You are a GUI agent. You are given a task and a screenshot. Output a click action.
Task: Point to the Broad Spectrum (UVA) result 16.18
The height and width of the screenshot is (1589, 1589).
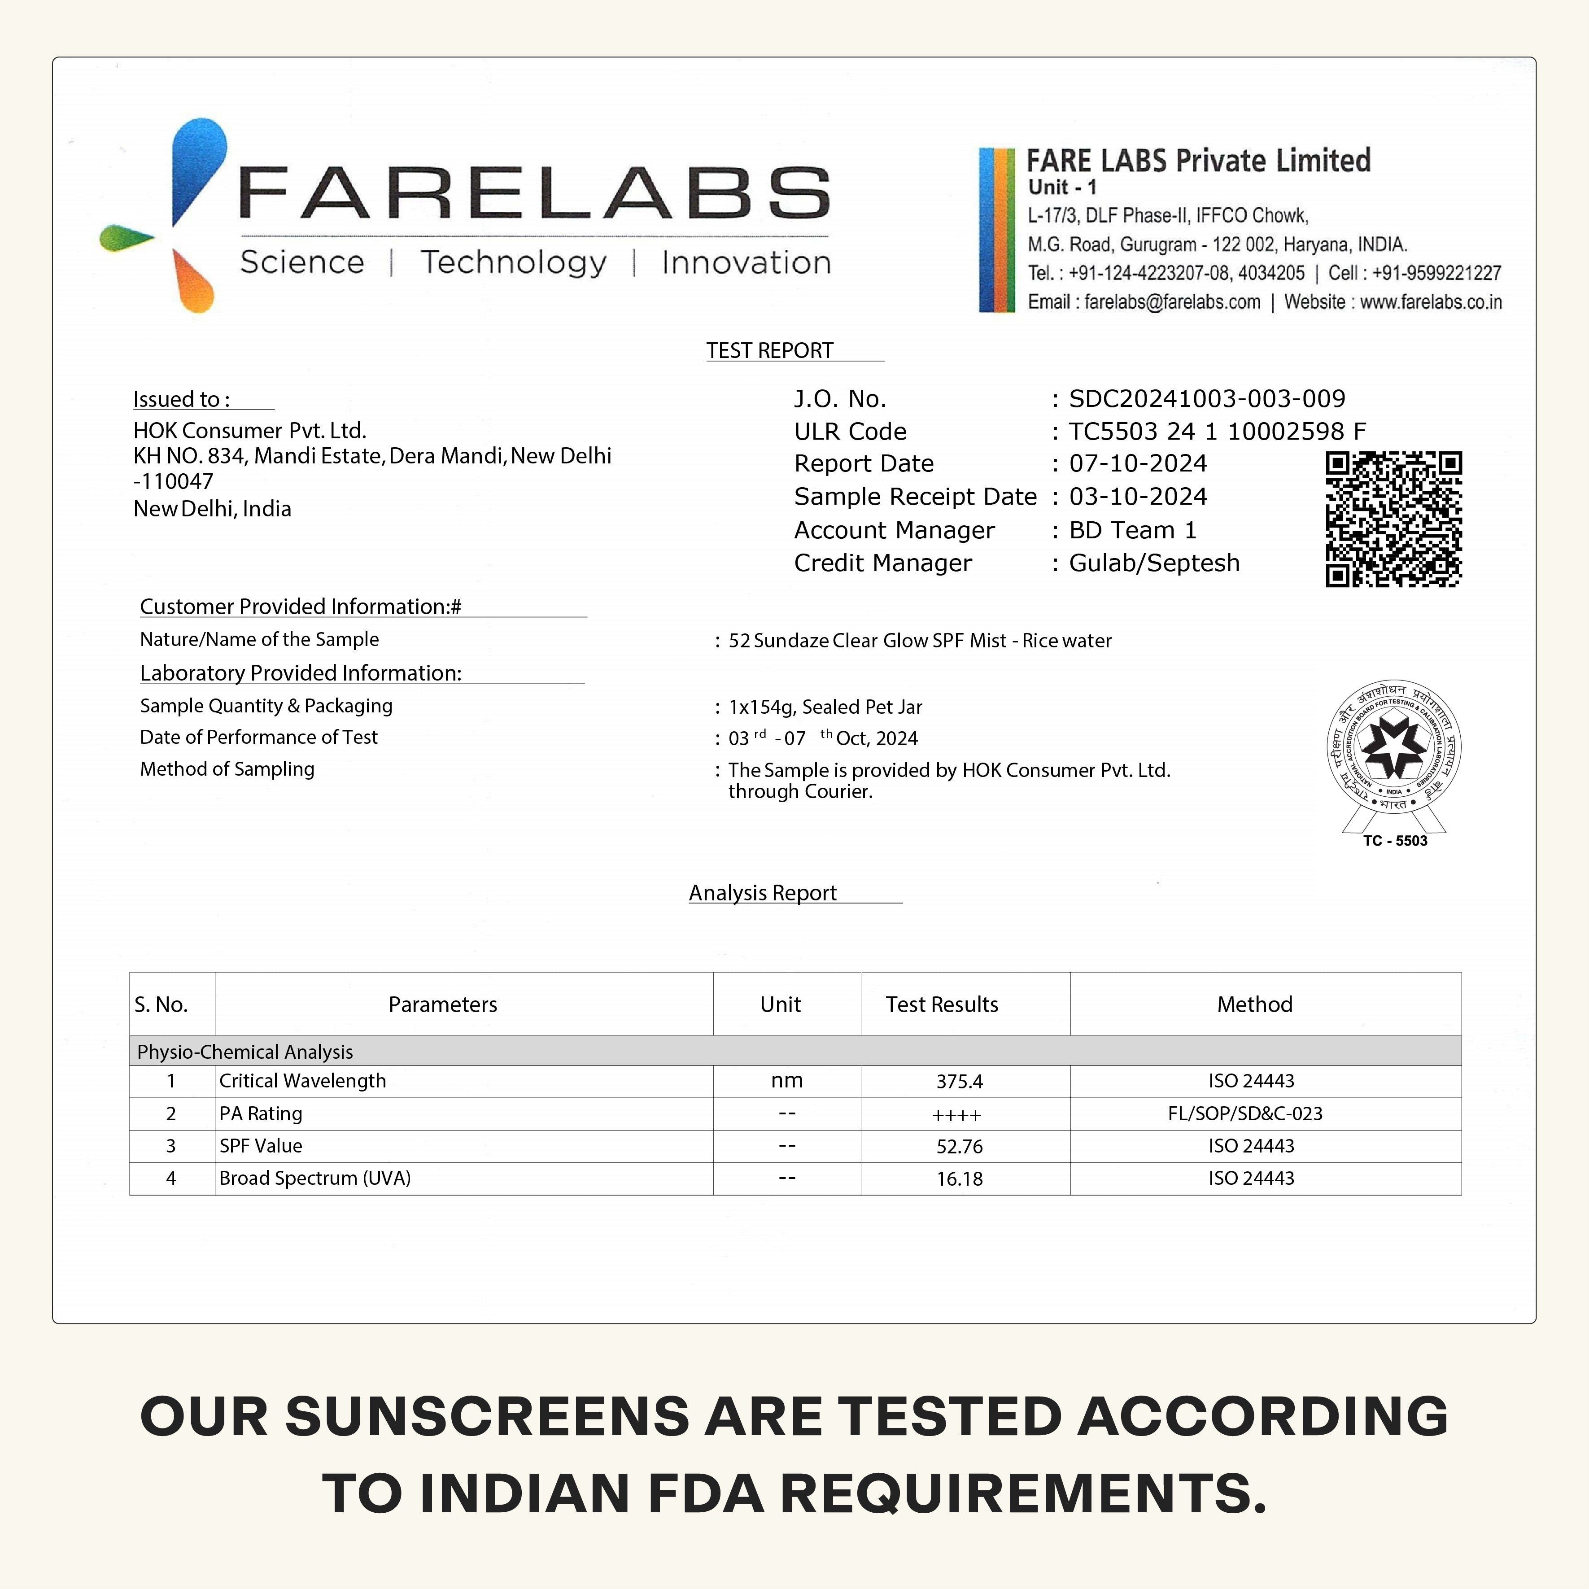tap(959, 1179)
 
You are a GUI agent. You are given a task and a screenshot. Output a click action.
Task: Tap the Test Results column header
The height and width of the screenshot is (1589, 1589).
tap(942, 1004)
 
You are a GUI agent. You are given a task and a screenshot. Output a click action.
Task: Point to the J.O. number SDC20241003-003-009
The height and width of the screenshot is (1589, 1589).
tap(1207, 399)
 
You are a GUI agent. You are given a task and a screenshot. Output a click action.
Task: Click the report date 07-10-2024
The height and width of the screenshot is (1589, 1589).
tap(1138, 464)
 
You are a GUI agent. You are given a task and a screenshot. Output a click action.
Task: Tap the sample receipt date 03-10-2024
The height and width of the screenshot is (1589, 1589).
tap(1138, 497)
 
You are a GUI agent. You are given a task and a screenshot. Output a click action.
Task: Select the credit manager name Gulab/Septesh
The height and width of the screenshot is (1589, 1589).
tap(1154, 563)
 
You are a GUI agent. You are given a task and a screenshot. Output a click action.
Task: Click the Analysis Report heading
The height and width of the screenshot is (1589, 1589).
tap(763, 893)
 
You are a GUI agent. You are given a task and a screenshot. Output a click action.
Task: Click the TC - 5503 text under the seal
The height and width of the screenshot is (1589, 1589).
tap(1395, 841)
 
